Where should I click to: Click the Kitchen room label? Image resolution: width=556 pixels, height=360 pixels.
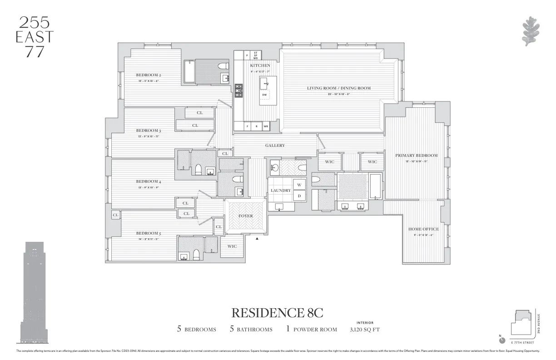coord(260,65)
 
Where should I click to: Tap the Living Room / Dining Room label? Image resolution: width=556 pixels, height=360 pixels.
coord(338,88)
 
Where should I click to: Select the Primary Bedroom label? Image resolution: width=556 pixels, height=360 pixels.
coord(416,155)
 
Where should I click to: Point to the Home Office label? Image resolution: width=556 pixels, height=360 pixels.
coord(423,229)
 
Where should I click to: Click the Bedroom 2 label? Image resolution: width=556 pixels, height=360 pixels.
coord(149,75)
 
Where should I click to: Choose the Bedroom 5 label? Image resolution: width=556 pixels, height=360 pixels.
coord(149,233)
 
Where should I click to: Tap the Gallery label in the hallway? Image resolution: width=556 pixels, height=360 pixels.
coord(275,145)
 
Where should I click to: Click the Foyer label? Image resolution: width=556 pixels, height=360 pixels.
coord(245,216)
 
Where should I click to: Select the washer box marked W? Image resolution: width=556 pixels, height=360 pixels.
coord(299,185)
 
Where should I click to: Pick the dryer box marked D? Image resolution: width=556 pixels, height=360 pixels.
coord(299,196)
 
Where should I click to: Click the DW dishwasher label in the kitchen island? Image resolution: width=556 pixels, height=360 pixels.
coord(264,95)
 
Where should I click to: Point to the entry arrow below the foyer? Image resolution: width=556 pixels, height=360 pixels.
coord(257,238)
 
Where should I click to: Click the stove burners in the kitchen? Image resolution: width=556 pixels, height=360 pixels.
coord(238,93)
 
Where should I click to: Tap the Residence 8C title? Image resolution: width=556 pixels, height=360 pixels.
coord(278,313)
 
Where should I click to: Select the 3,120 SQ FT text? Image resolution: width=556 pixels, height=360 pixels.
coord(365,329)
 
